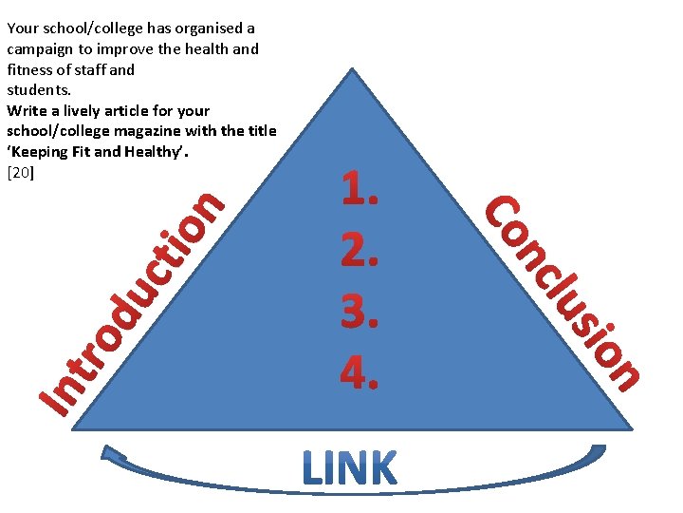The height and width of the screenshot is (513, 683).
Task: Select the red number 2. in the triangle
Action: (360, 250)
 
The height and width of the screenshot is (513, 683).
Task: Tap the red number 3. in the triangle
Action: (360, 309)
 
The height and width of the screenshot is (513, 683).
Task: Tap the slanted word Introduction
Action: (133, 304)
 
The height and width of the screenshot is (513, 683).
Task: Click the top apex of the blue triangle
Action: (353, 69)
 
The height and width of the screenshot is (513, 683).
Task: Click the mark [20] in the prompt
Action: (20, 173)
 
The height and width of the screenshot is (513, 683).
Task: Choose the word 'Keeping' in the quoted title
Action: (37, 152)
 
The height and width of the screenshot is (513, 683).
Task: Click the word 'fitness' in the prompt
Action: (30, 69)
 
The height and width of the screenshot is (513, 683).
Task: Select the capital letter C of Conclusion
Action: (502, 213)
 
